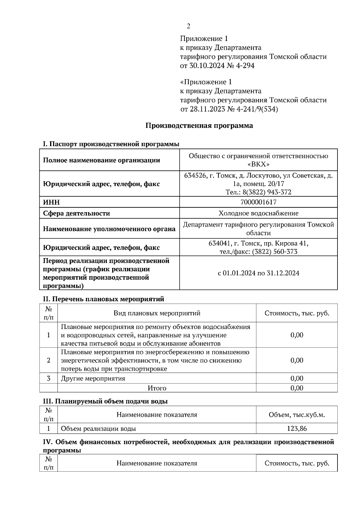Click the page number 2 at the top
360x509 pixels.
[x=188, y=26]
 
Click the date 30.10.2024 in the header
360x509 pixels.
[x=207, y=66]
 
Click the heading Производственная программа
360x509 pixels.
[x=199, y=126]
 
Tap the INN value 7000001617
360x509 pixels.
[x=258, y=202]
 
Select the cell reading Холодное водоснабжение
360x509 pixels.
[x=258, y=213]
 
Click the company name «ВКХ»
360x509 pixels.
[x=258, y=164]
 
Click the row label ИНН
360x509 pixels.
[x=51, y=202]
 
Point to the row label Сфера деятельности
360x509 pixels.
[x=76, y=213]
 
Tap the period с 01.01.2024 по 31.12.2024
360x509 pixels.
[x=258, y=273]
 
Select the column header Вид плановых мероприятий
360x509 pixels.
[x=157, y=313]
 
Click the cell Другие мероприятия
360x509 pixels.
[x=93, y=378]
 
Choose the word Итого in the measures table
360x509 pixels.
[x=157, y=388]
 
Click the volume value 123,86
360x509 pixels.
[x=297, y=429]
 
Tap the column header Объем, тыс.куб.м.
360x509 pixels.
[x=297, y=415]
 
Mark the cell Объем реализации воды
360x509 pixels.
[x=98, y=429]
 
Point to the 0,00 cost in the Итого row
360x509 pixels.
[x=297, y=388]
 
